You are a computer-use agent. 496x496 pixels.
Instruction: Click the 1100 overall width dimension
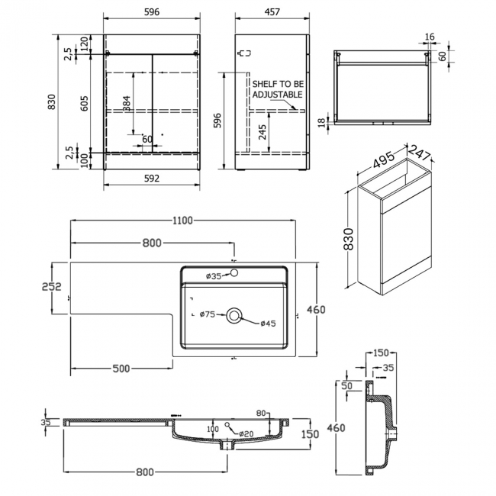[x=182, y=221]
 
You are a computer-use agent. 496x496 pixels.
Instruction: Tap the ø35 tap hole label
[x=214, y=276]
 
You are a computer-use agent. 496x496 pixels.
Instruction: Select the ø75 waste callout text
[x=208, y=314]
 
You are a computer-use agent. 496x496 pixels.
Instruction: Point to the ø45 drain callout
[x=269, y=324]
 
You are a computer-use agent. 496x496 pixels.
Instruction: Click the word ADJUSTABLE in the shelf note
[x=278, y=95]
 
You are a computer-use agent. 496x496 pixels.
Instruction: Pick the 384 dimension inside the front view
[x=126, y=103]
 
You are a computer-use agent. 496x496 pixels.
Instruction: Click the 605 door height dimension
[x=85, y=103]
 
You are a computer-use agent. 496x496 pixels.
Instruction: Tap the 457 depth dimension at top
[x=272, y=12]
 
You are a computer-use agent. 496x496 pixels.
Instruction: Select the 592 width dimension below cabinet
[x=152, y=179]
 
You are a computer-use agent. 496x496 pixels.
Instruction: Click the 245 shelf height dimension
[x=262, y=132]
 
